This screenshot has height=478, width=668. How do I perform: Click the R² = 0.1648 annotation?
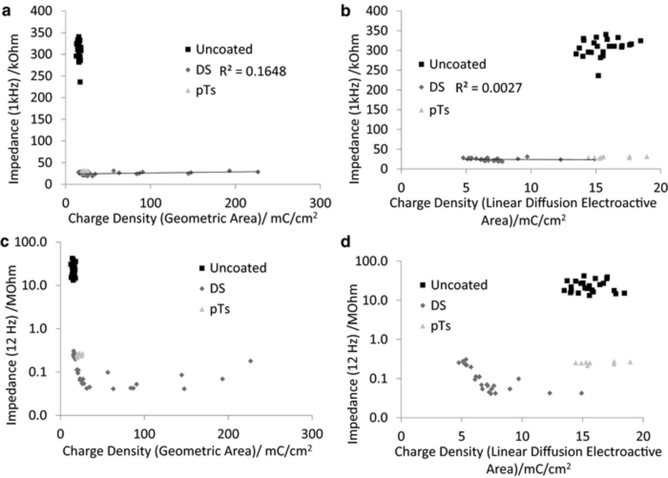253,71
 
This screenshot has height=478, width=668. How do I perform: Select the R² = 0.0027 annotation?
488,88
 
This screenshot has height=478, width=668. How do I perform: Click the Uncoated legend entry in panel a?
219,49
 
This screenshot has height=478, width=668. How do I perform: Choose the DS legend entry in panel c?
212,288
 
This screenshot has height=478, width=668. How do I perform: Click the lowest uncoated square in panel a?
80,82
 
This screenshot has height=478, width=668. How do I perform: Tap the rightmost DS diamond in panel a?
258,172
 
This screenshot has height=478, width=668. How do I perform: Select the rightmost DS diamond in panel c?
250,361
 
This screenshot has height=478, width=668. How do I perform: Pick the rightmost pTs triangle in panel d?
630,362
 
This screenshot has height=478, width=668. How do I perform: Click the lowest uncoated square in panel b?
598,76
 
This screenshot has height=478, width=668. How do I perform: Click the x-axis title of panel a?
193,219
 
